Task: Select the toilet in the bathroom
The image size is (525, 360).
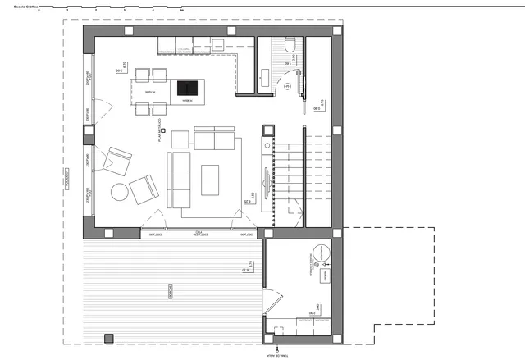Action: [289, 48]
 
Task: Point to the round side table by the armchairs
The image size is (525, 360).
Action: [120, 193]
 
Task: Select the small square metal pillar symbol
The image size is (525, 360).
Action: [164, 130]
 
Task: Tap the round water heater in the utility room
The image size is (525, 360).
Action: [321, 253]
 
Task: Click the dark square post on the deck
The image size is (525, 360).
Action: [107, 337]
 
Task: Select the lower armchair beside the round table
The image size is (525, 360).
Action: [144, 190]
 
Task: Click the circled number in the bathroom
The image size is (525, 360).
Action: [289, 85]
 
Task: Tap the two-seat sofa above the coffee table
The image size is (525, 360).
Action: [214, 139]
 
